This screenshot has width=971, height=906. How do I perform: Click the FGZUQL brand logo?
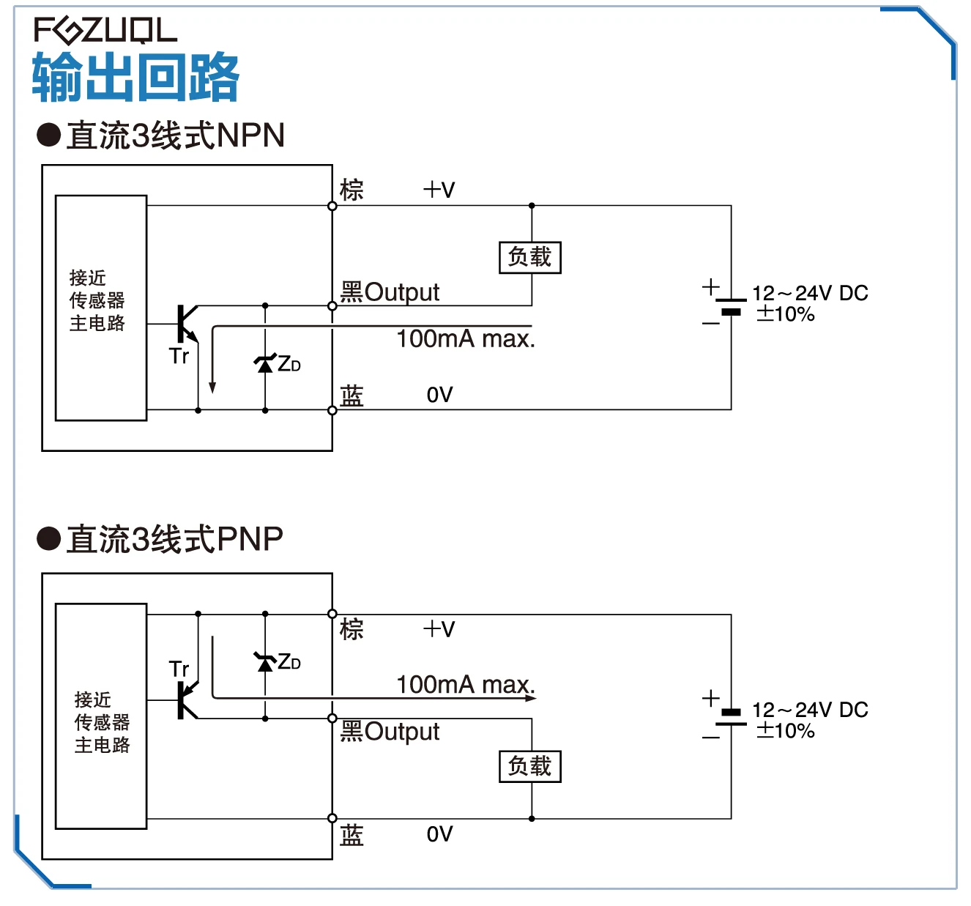[x=105, y=30]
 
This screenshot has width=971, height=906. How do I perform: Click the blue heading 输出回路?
[x=135, y=77]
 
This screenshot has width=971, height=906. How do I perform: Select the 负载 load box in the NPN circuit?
[x=530, y=257]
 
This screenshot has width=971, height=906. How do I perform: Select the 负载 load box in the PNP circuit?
[x=530, y=767]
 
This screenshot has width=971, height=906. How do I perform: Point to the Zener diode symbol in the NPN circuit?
[x=265, y=363]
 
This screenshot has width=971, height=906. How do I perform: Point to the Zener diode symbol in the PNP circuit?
[x=265, y=662]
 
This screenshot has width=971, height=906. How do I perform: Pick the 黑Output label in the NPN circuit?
[x=390, y=292]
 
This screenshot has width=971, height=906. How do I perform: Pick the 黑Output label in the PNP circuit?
[x=390, y=732]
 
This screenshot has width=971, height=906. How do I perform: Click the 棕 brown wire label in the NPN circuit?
[x=351, y=190]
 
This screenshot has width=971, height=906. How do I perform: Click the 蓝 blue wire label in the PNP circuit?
[x=351, y=834]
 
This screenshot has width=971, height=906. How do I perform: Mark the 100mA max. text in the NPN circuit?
[x=466, y=339]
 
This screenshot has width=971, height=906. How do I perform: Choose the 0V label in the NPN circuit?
[x=439, y=395]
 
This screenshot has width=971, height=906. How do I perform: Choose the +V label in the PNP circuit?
[x=439, y=629]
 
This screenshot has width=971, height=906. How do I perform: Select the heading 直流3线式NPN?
[x=175, y=135]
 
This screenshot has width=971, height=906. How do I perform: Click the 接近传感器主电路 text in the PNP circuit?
[x=103, y=723]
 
